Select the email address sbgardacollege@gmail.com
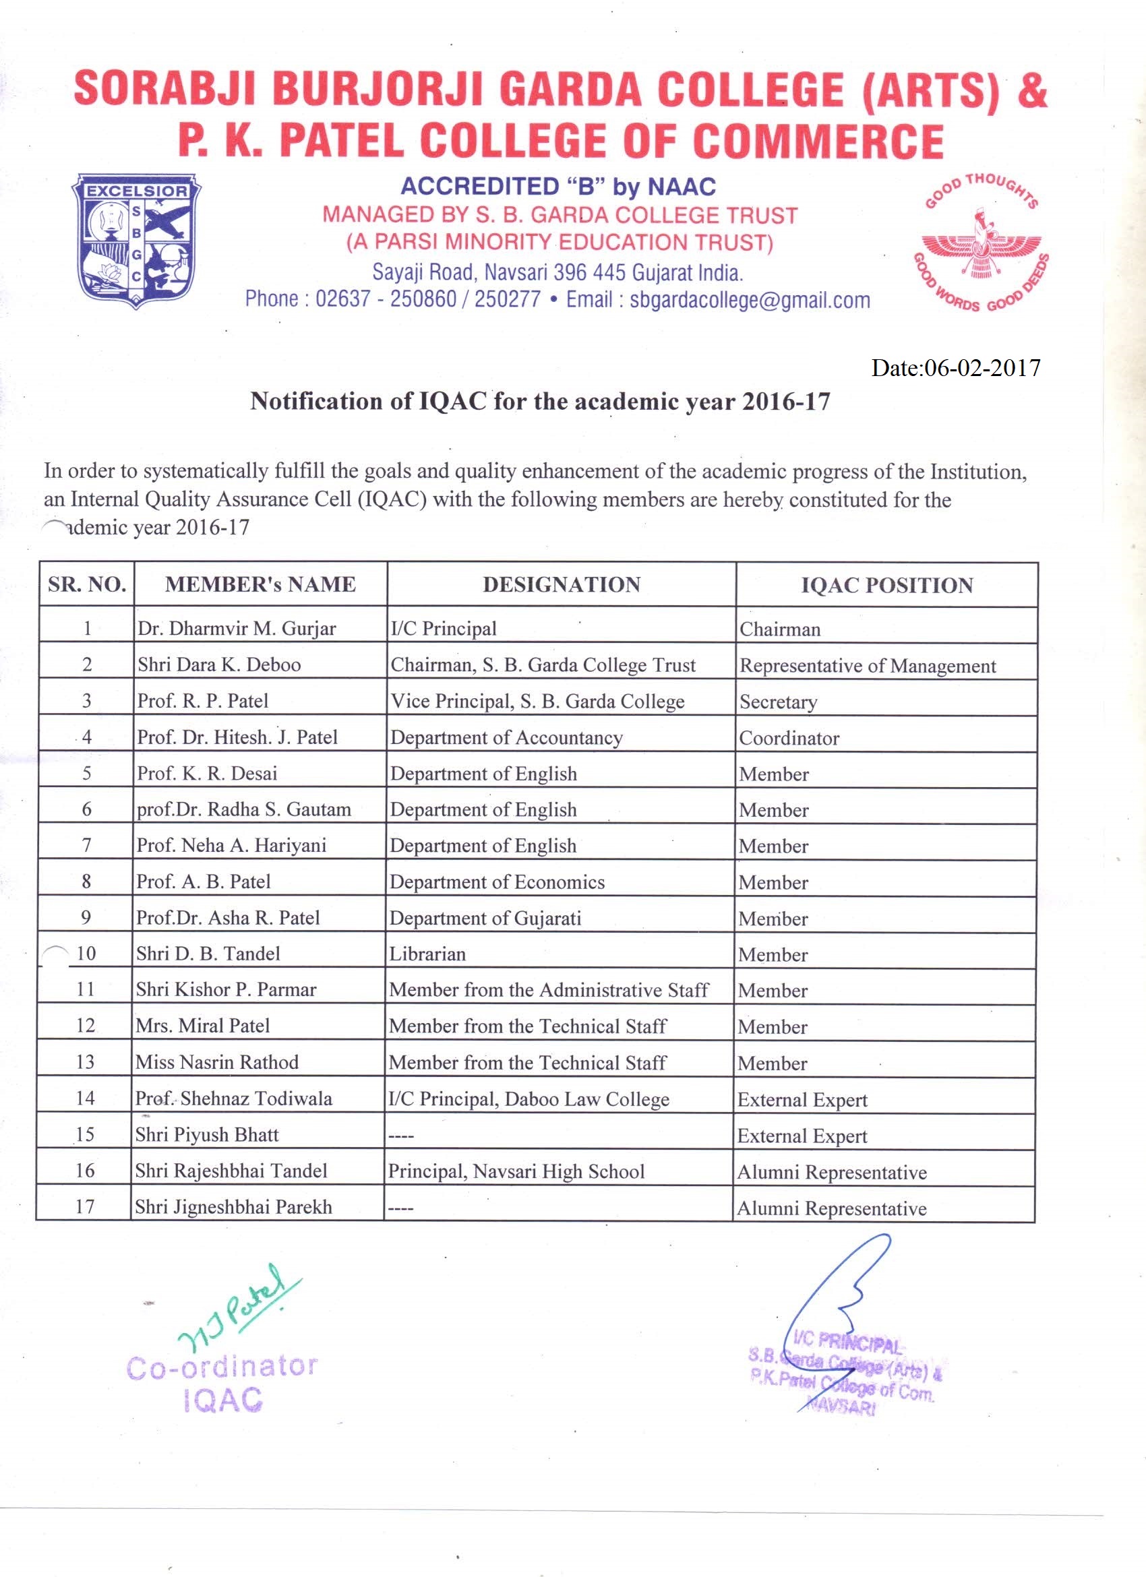point(750,300)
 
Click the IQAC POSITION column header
point(886,586)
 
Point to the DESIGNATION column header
point(561,585)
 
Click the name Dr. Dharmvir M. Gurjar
point(237,629)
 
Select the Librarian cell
point(427,954)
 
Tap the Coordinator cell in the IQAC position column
point(789,739)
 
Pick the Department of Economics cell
point(497,882)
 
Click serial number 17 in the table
point(85,1206)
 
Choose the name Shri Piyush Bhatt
point(206,1135)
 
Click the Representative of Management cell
point(868,666)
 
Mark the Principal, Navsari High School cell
point(516,1171)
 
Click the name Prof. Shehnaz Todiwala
point(234,1099)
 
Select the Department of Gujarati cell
point(485,919)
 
